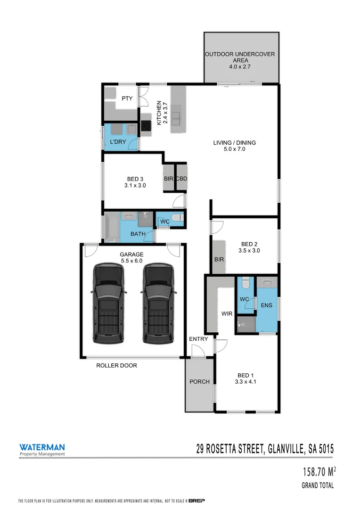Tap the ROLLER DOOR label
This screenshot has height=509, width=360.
pos(116,365)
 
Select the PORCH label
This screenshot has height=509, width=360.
pos(199,381)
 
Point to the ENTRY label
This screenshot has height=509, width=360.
pos(198,339)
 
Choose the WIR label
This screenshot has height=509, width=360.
pos(227,313)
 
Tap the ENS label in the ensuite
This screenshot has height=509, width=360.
pos(267,305)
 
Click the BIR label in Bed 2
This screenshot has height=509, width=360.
pos(219,259)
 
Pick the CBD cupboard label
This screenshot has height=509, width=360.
pos(181,179)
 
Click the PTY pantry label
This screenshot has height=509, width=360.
pos(127,99)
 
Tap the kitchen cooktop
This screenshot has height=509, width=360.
pos(146,125)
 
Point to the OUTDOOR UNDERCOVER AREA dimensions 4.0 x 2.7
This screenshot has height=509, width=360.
pos(240,67)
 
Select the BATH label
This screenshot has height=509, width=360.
pos(138,234)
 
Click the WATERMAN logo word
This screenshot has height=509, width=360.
pos(42,447)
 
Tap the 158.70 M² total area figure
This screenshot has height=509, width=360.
pos(319,472)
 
